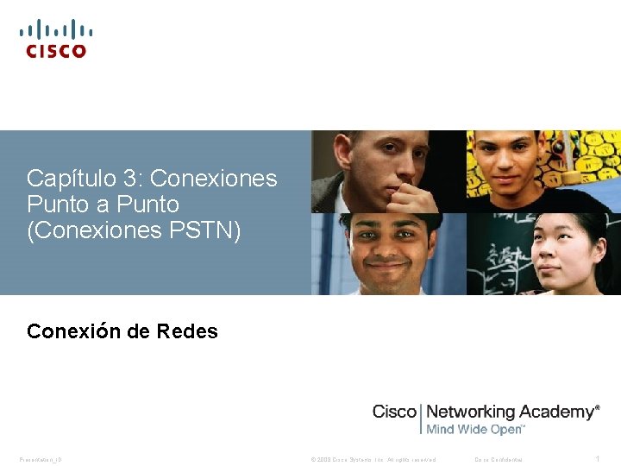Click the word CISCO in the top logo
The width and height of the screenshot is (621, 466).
coord(56,51)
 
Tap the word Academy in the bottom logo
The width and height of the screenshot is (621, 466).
coord(556,412)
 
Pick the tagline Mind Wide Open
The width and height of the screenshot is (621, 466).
coord(474,429)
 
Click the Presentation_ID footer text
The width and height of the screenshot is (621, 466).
coord(41,459)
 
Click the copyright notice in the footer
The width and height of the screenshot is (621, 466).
coord(373,459)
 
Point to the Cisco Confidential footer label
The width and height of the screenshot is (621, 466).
coord(499,459)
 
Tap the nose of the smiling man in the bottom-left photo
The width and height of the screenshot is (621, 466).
coord(386,251)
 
